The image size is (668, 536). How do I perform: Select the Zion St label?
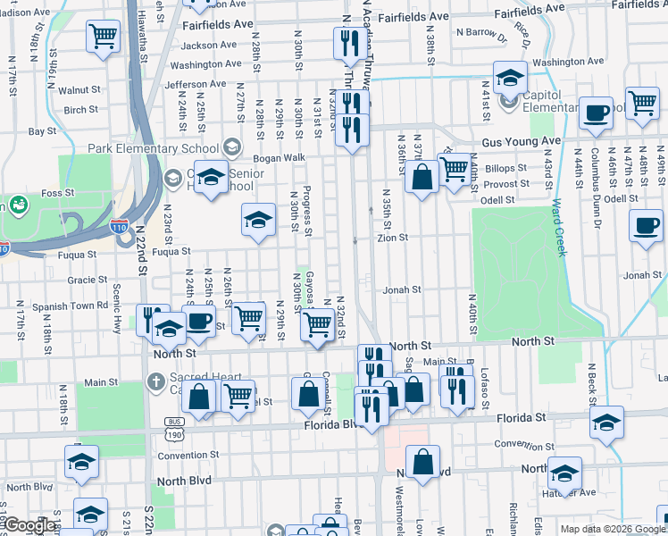pyautogui.click(x=392, y=239)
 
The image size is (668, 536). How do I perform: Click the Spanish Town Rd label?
pyautogui.click(x=70, y=306)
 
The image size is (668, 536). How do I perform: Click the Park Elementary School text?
pyautogui.click(x=153, y=148)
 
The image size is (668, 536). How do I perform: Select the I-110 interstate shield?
pyautogui.click(x=120, y=229)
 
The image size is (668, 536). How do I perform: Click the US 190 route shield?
pyautogui.click(x=173, y=433)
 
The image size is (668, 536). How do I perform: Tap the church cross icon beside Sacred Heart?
pyautogui.click(x=155, y=382)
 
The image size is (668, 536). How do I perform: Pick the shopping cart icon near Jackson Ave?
pyautogui.click(x=104, y=38)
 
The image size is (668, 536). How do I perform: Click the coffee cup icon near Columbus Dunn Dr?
pyautogui.click(x=597, y=113)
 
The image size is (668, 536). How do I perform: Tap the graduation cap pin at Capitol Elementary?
pyautogui.click(x=510, y=78)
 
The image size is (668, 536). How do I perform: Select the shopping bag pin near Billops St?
pyautogui.click(x=422, y=174)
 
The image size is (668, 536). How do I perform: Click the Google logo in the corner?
pyautogui.click(x=29, y=525)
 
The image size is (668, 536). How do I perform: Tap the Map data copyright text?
pyautogui.click(x=610, y=529)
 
